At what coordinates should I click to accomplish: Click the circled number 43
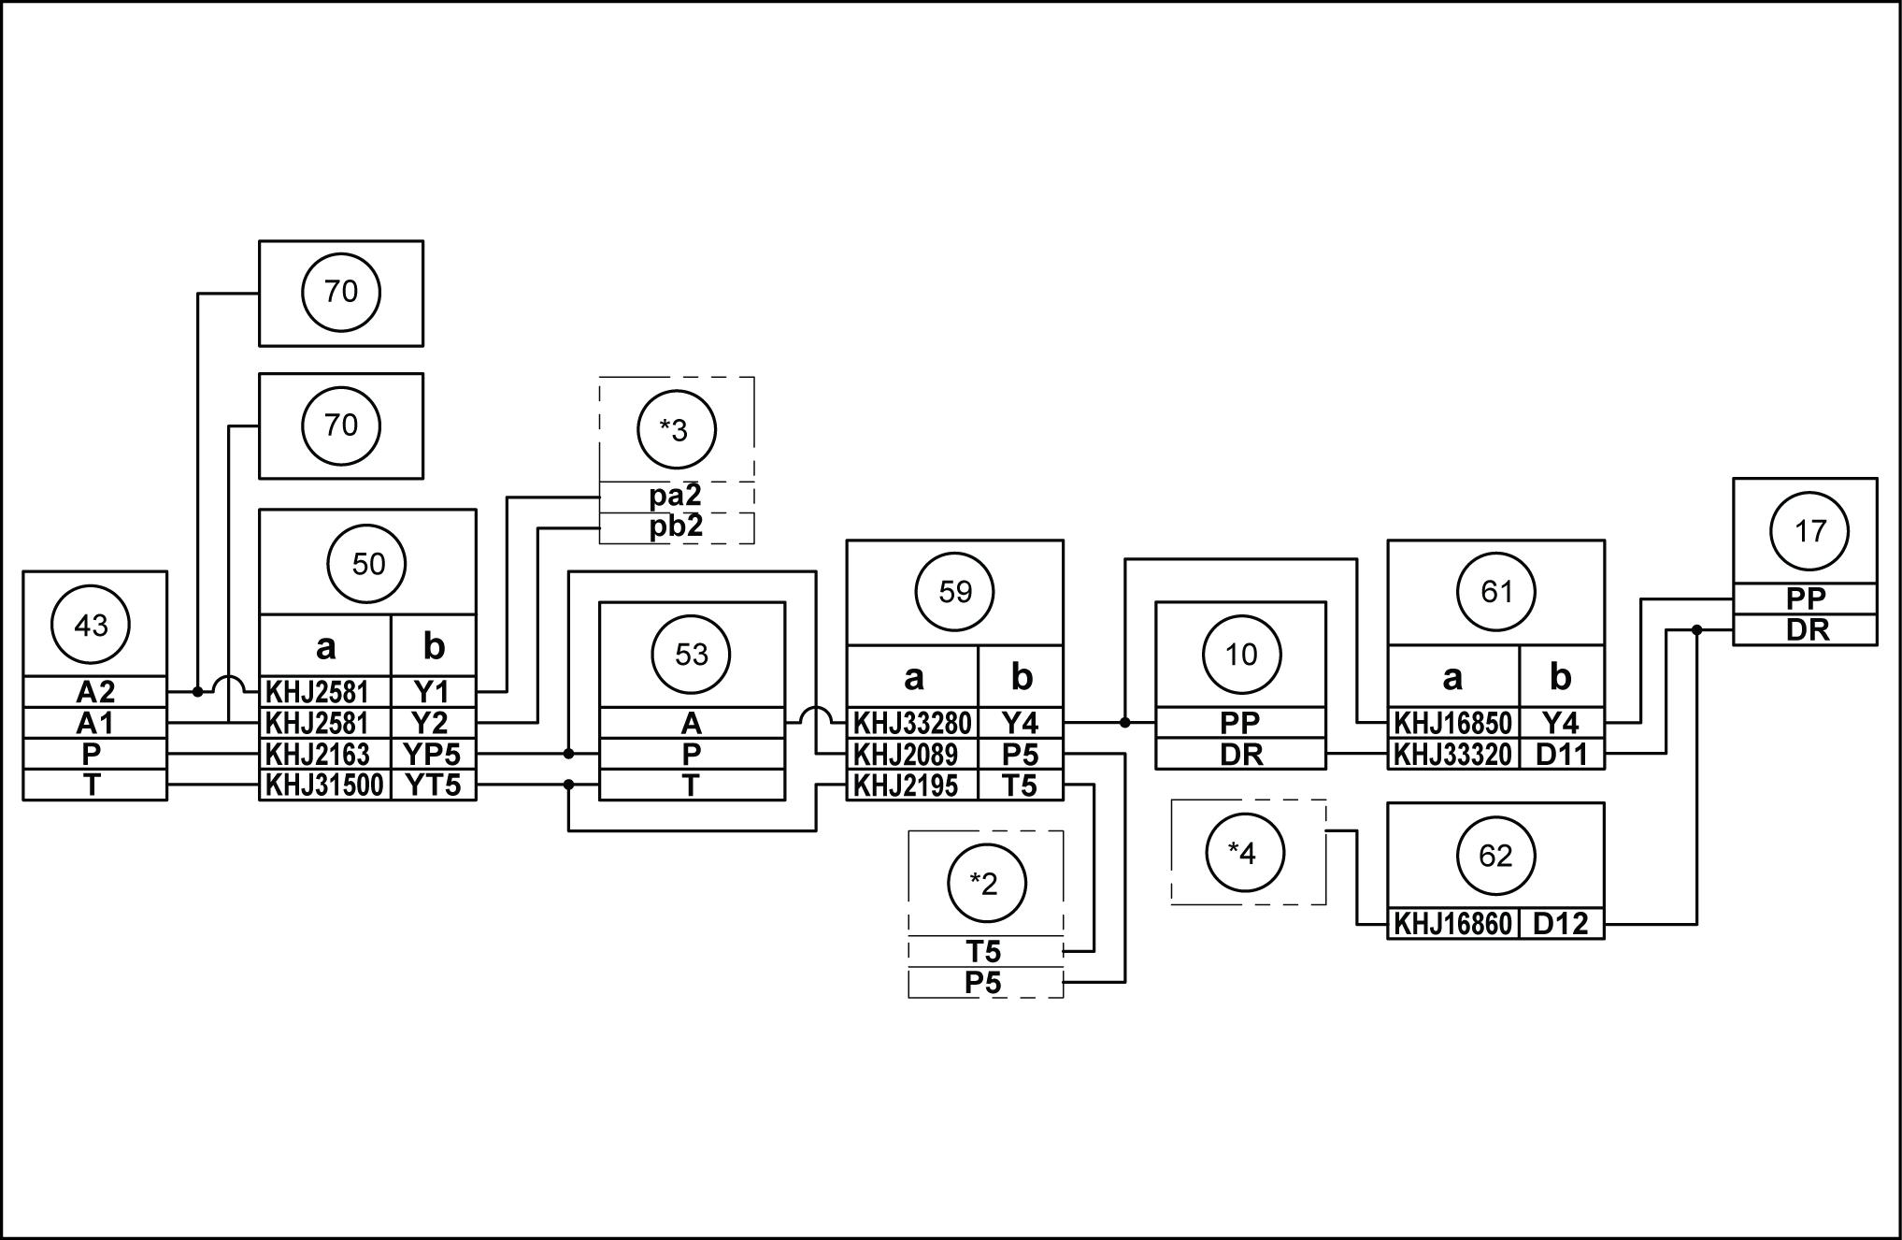[x=91, y=625]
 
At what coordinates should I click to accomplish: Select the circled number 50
[x=368, y=564]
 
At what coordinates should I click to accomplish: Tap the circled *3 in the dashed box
[x=676, y=430]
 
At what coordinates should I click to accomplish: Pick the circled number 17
[x=1809, y=531]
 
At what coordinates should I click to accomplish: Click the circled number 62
[x=1495, y=856]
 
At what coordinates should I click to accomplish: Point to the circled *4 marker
[x=1244, y=853]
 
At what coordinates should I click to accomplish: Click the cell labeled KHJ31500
[x=324, y=786]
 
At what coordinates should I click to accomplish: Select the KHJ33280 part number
[x=912, y=723]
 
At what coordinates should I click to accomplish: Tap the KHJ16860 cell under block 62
[x=1452, y=924]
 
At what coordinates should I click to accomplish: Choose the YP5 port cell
[x=433, y=754]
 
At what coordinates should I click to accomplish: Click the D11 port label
[x=1561, y=754]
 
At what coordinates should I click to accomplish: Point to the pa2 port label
[x=676, y=496]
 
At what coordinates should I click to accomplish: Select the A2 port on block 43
[x=94, y=692]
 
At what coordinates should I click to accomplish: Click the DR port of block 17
[x=1806, y=630]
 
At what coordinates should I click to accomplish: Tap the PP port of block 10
[x=1240, y=723]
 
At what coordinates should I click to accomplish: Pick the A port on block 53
[x=691, y=723]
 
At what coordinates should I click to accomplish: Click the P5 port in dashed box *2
[x=983, y=983]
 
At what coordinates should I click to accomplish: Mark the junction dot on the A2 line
[x=197, y=692]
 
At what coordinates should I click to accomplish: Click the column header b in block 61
[x=1560, y=677]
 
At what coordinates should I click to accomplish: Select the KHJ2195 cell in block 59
[x=907, y=786]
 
